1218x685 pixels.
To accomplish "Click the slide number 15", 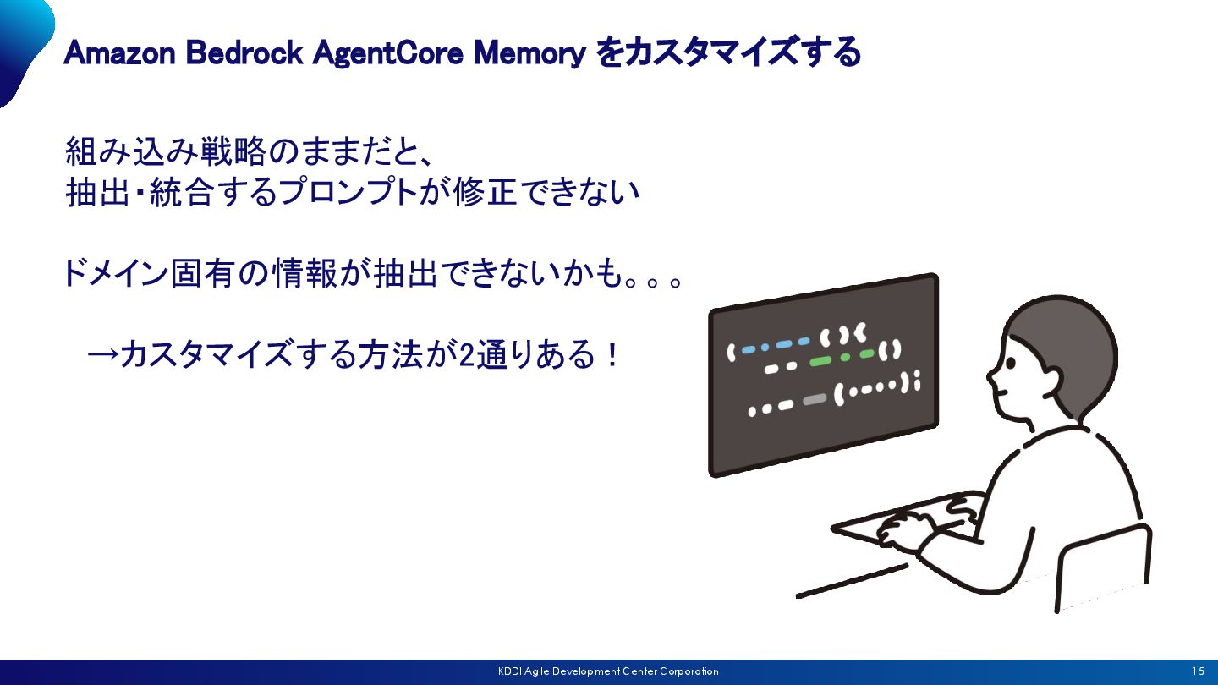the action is click(x=1198, y=671).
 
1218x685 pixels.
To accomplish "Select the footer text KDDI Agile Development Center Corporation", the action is click(x=608, y=671).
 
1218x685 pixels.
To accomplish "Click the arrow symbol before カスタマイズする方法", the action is click(x=102, y=355).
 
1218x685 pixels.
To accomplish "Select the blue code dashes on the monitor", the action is click(x=775, y=345).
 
